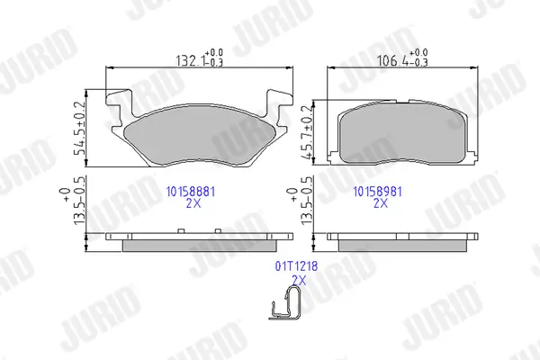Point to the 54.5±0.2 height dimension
[x=79, y=128]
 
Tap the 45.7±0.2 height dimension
[x=306, y=132]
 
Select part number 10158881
[x=191, y=192]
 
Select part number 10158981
[x=378, y=192]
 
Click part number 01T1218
[x=296, y=266]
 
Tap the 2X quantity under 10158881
[x=193, y=203]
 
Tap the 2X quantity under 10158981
[x=381, y=203]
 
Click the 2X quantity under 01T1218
[x=299, y=281]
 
